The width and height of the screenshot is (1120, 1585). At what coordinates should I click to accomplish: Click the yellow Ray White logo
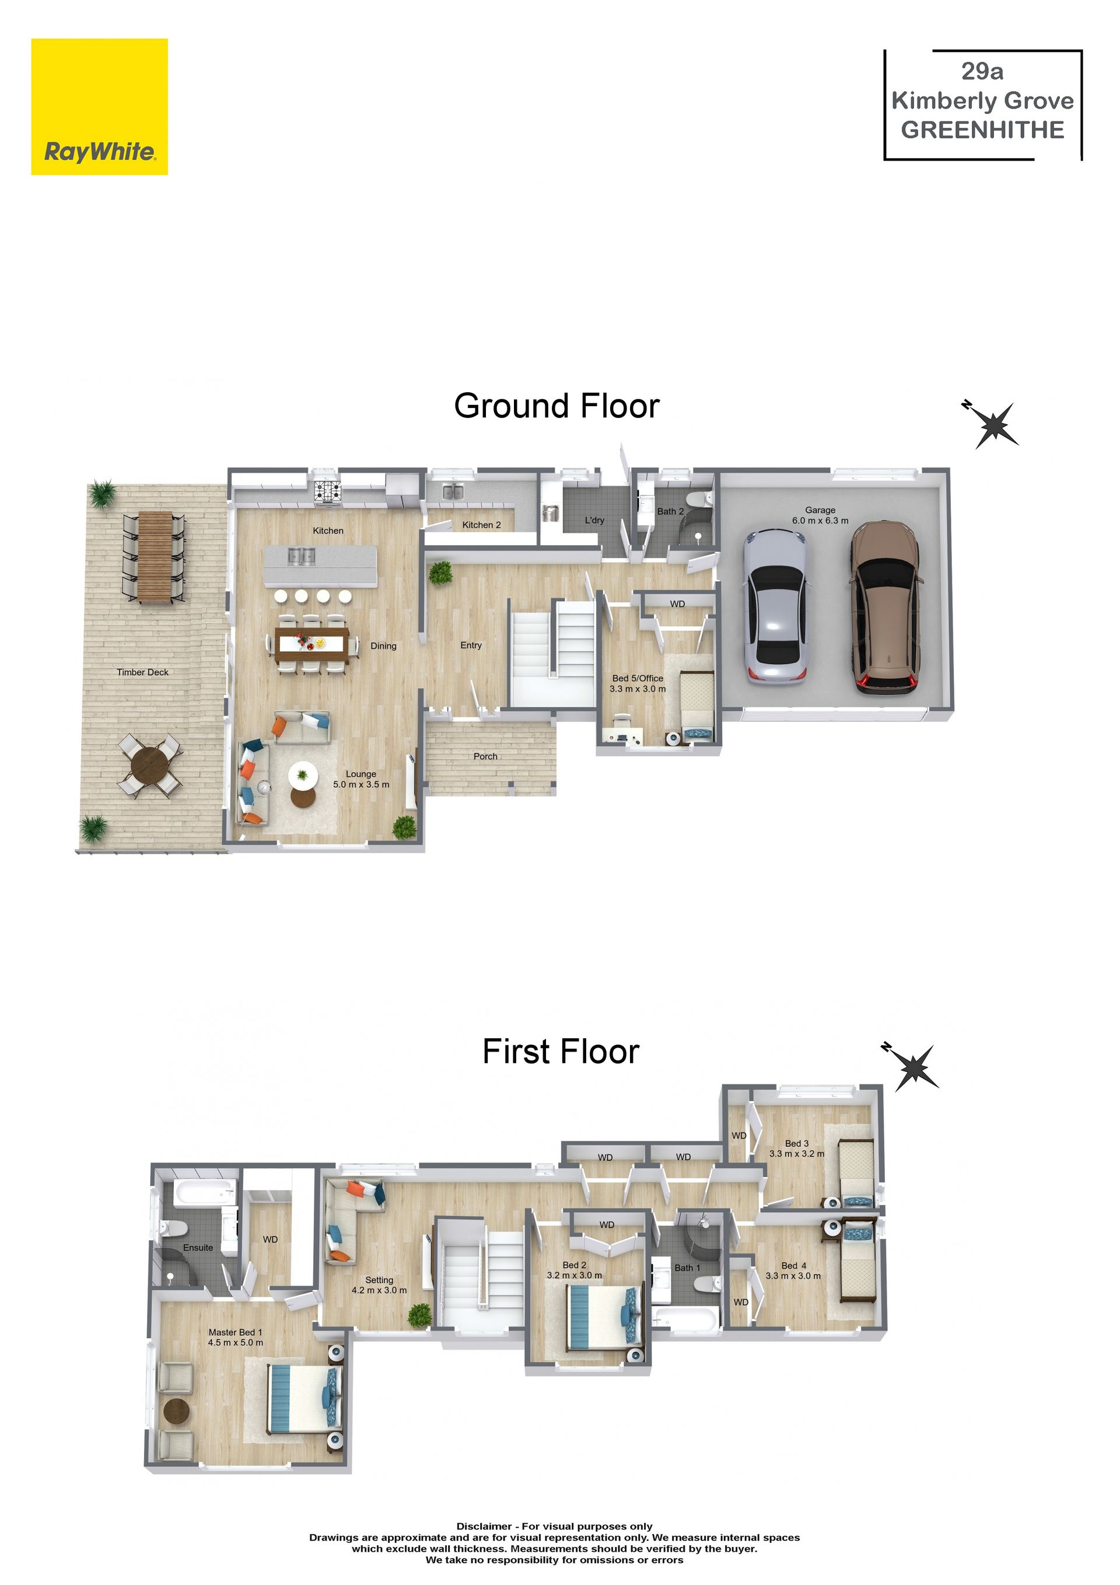[x=99, y=106]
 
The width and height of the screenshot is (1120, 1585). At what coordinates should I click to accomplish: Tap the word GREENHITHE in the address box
[x=983, y=130]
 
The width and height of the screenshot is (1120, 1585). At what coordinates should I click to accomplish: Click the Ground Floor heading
[x=557, y=406]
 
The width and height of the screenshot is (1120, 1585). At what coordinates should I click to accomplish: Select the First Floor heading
[x=561, y=1052]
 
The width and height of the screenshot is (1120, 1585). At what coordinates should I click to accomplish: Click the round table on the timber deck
[x=150, y=765]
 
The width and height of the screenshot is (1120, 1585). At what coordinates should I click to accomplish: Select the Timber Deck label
[x=143, y=672]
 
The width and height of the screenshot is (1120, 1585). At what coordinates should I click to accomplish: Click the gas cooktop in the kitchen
[x=328, y=490]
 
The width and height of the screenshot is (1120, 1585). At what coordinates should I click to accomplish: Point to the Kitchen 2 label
[x=482, y=525]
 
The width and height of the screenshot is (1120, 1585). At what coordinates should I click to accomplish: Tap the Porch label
[x=486, y=756]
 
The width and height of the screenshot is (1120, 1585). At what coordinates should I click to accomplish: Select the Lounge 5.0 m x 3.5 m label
[x=361, y=778]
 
